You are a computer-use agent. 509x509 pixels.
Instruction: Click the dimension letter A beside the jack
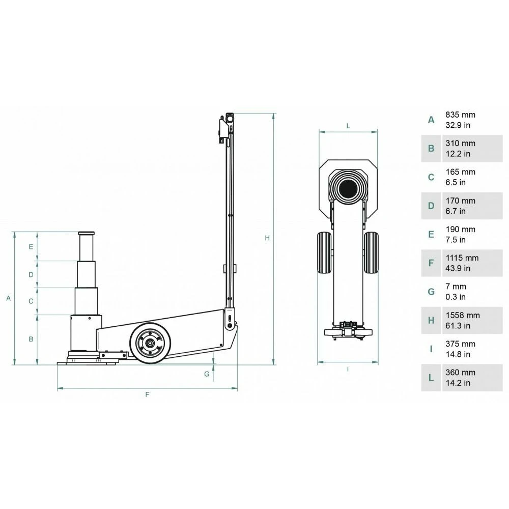click(x=8, y=299)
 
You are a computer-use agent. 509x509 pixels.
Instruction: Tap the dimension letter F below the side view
click(x=147, y=394)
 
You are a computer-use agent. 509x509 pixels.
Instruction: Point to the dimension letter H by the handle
click(x=267, y=238)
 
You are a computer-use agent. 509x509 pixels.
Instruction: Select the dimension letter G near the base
click(x=207, y=374)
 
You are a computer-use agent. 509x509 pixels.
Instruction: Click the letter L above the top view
click(x=348, y=125)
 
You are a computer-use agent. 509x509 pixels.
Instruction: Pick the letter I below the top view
click(x=348, y=369)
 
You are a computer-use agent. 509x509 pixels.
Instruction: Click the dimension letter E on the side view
click(x=31, y=247)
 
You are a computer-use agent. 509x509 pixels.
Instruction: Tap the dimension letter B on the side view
click(x=31, y=339)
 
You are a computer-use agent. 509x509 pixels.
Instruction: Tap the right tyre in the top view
click(x=372, y=253)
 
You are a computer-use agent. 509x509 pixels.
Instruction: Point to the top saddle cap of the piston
click(x=86, y=234)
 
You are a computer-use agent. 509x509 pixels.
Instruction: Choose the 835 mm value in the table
click(x=460, y=115)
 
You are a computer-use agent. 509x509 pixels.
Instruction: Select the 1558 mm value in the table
click(x=463, y=316)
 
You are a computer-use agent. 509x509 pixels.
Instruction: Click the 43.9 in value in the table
click(x=458, y=268)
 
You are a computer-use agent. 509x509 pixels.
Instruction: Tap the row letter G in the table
click(x=431, y=292)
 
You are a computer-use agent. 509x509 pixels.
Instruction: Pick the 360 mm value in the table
click(x=460, y=373)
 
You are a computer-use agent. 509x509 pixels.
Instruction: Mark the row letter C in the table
click(x=431, y=177)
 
